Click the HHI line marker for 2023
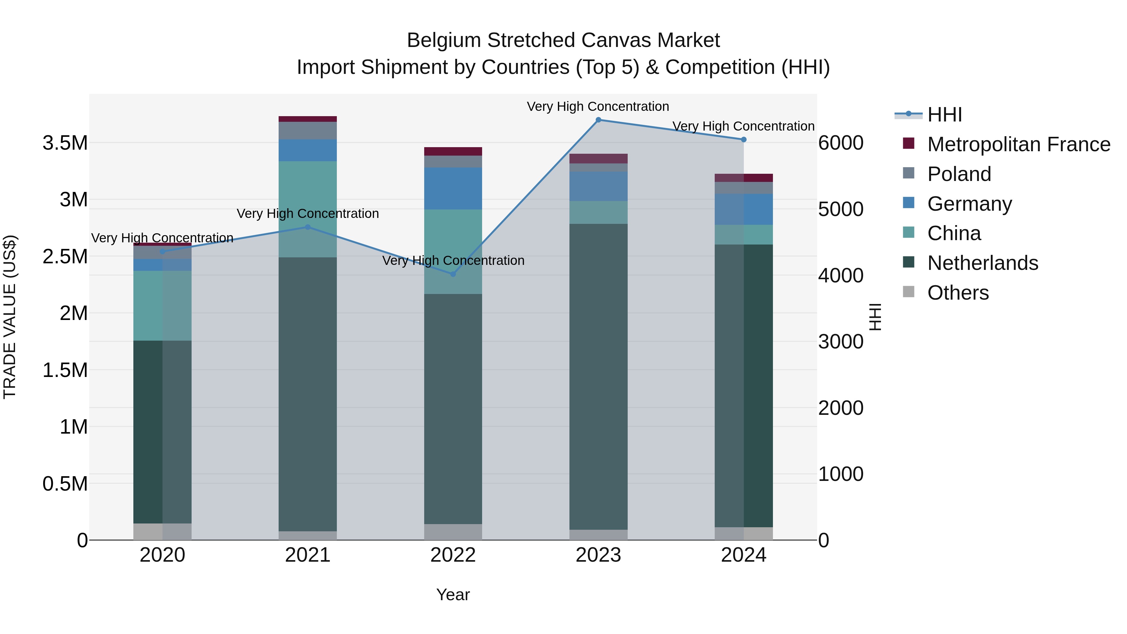click(x=598, y=120)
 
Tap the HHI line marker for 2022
click(x=453, y=274)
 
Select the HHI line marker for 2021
click(x=307, y=227)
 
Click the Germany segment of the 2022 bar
click(x=453, y=188)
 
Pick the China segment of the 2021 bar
click(x=307, y=209)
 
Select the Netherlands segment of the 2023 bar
click(x=598, y=376)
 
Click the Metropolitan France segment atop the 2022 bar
click(x=453, y=152)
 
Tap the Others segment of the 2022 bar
click(x=453, y=532)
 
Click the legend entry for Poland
click(x=959, y=174)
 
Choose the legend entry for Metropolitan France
click(x=1018, y=144)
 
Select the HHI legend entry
click(x=944, y=115)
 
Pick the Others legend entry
click(x=958, y=293)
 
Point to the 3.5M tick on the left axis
click(x=65, y=143)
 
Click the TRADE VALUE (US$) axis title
click(x=10, y=317)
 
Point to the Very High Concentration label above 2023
click(x=598, y=107)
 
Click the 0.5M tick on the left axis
click(x=65, y=484)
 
